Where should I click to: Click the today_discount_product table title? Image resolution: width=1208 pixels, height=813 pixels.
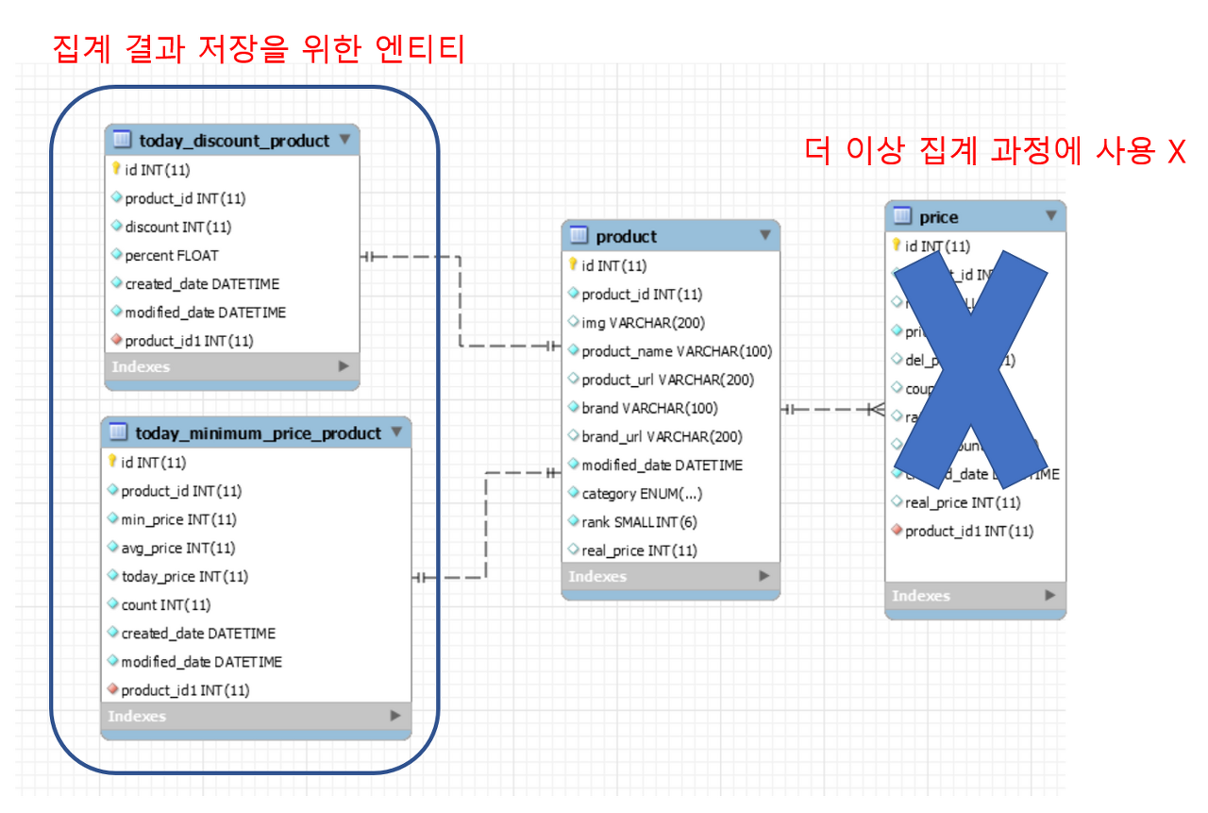[x=234, y=141]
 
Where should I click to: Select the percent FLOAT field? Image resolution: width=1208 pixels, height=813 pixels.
[x=171, y=255]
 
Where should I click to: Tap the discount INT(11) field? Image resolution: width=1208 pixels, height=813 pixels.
[x=177, y=227]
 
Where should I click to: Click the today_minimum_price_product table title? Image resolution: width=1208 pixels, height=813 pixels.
[x=258, y=433]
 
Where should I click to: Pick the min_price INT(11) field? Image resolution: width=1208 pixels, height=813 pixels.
[x=178, y=519]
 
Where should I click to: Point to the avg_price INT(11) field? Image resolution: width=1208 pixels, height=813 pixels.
[x=177, y=548]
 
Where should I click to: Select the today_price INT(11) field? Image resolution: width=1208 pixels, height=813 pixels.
[x=184, y=576]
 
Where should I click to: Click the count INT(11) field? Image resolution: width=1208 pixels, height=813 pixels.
[x=165, y=604]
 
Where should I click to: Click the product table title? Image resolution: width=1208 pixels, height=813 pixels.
[x=627, y=236]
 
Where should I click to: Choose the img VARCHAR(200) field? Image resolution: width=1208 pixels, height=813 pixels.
[x=643, y=323]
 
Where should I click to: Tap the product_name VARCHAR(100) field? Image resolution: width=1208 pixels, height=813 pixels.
[x=676, y=351]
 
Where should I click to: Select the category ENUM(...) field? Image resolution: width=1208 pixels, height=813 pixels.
[x=642, y=493]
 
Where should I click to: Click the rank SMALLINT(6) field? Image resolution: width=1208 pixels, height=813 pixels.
[x=639, y=521]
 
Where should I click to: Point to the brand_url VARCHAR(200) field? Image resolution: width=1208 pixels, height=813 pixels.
[x=662, y=436]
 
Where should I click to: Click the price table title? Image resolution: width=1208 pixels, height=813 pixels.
[x=938, y=217]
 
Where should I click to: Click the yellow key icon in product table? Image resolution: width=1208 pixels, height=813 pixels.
[x=572, y=265]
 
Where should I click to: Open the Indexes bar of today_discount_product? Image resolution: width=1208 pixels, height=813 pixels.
[x=231, y=366]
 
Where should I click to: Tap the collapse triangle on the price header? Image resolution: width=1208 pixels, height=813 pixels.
[x=1050, y=216]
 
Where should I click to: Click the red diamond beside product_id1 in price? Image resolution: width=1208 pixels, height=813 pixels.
[x=897, y=531]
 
